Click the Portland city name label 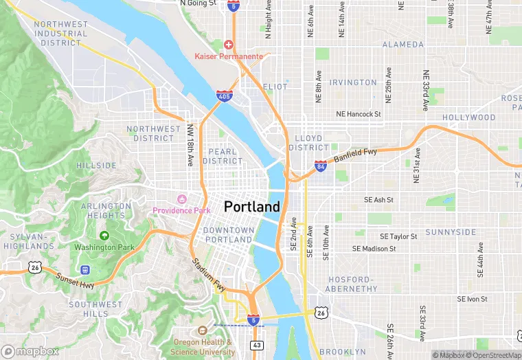click(252, 207)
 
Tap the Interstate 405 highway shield click(224, 97)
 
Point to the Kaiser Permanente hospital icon click(229, 44)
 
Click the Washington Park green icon click(104, 236)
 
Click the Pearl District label click(223, 156)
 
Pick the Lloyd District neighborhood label click(308, 142)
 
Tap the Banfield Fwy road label click(356, 154)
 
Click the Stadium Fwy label click(209, 274)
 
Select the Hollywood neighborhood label click(468, 117)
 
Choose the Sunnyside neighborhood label click(451, 232)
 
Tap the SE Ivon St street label click(472, 300)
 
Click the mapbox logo click(30, 351)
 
